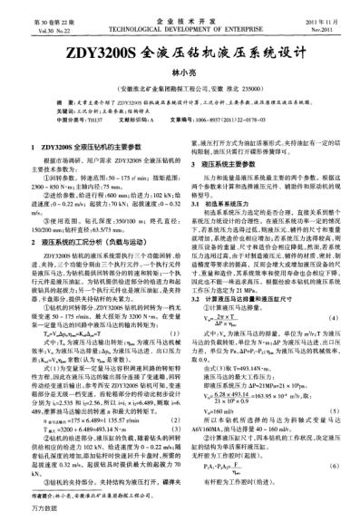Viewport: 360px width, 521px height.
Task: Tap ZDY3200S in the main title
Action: (96, 53)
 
